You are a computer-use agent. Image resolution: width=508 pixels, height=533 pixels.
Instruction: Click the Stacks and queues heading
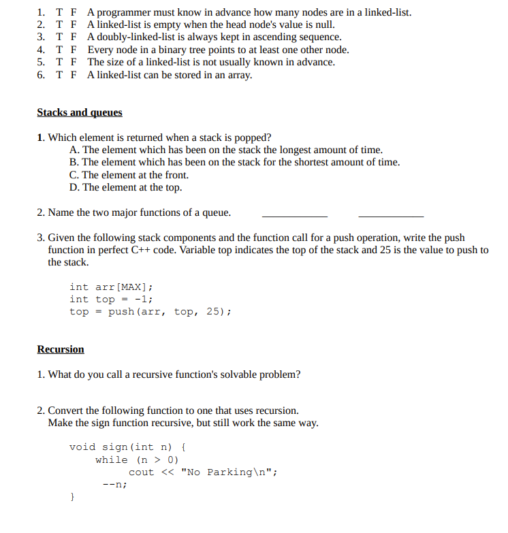(x=80, y=112)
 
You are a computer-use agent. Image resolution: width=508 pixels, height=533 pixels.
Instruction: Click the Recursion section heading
(x=61, y=349)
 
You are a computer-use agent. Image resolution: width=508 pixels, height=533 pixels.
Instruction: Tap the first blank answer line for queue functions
(x=294, y=215)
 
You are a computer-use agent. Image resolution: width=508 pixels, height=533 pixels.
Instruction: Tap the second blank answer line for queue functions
(x=390, y=215)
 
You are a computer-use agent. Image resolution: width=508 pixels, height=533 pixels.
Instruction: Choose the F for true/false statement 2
(x=73, y=25)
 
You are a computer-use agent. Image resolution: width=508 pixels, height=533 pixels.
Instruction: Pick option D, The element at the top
(x=125, y=187)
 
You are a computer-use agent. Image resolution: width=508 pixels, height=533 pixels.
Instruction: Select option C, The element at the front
(x=129, y=175)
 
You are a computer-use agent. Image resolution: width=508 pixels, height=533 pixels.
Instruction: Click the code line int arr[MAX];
(x=111, y=287)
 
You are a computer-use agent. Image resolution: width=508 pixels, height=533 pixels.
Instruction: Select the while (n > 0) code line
(x=137, y=459)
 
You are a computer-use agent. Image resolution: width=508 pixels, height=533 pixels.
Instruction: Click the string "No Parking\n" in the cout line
(x=227, y=472)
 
